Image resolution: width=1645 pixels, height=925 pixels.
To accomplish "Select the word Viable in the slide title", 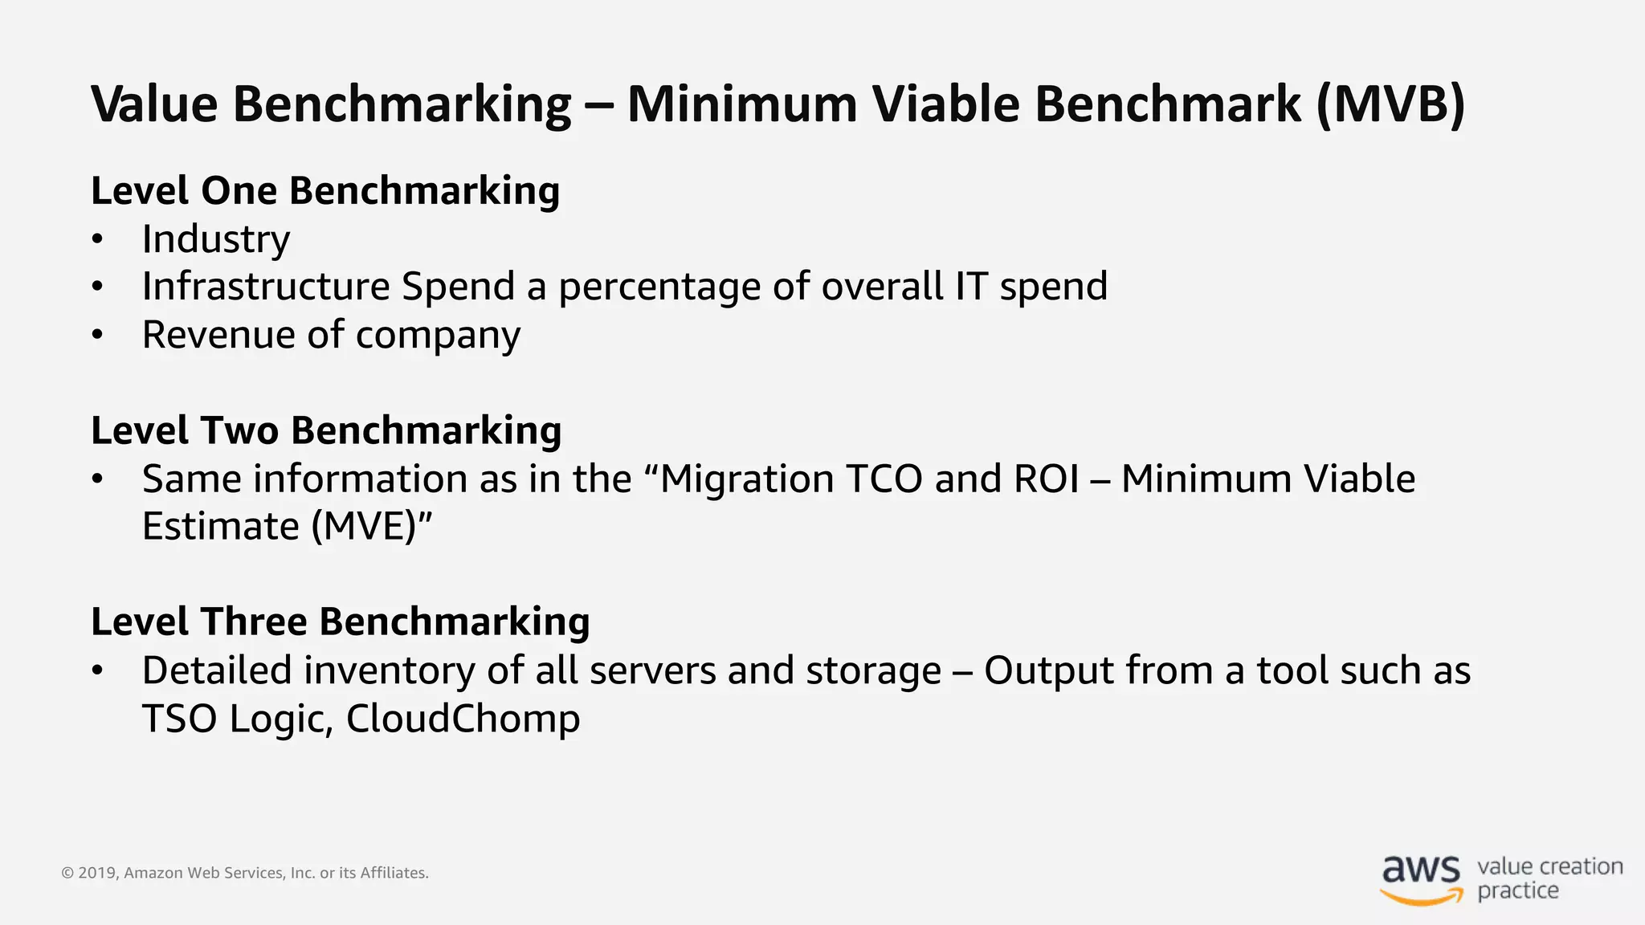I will pos(945,104).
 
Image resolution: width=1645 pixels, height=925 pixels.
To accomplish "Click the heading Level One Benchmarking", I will pos(325,191).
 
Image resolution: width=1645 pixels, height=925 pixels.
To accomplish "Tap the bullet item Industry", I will pos(216,239).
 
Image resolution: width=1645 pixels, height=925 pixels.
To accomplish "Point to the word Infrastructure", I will pos(266,287).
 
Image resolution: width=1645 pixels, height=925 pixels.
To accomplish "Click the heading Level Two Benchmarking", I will pos(326,430).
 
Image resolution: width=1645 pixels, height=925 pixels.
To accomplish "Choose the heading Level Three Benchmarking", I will pos(341,622).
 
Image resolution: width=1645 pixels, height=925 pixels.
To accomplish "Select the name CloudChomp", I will pos(463,719).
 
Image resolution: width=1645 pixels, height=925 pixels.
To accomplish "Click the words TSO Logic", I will pos(236,719).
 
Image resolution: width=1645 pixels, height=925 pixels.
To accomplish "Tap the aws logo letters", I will pos(1421,869).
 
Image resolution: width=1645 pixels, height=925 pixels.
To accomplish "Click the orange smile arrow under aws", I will pos(1423,897).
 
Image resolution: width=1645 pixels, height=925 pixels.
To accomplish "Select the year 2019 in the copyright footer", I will pos(97,873).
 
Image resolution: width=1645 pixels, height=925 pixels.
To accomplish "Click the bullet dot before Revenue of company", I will pos(97,336).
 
